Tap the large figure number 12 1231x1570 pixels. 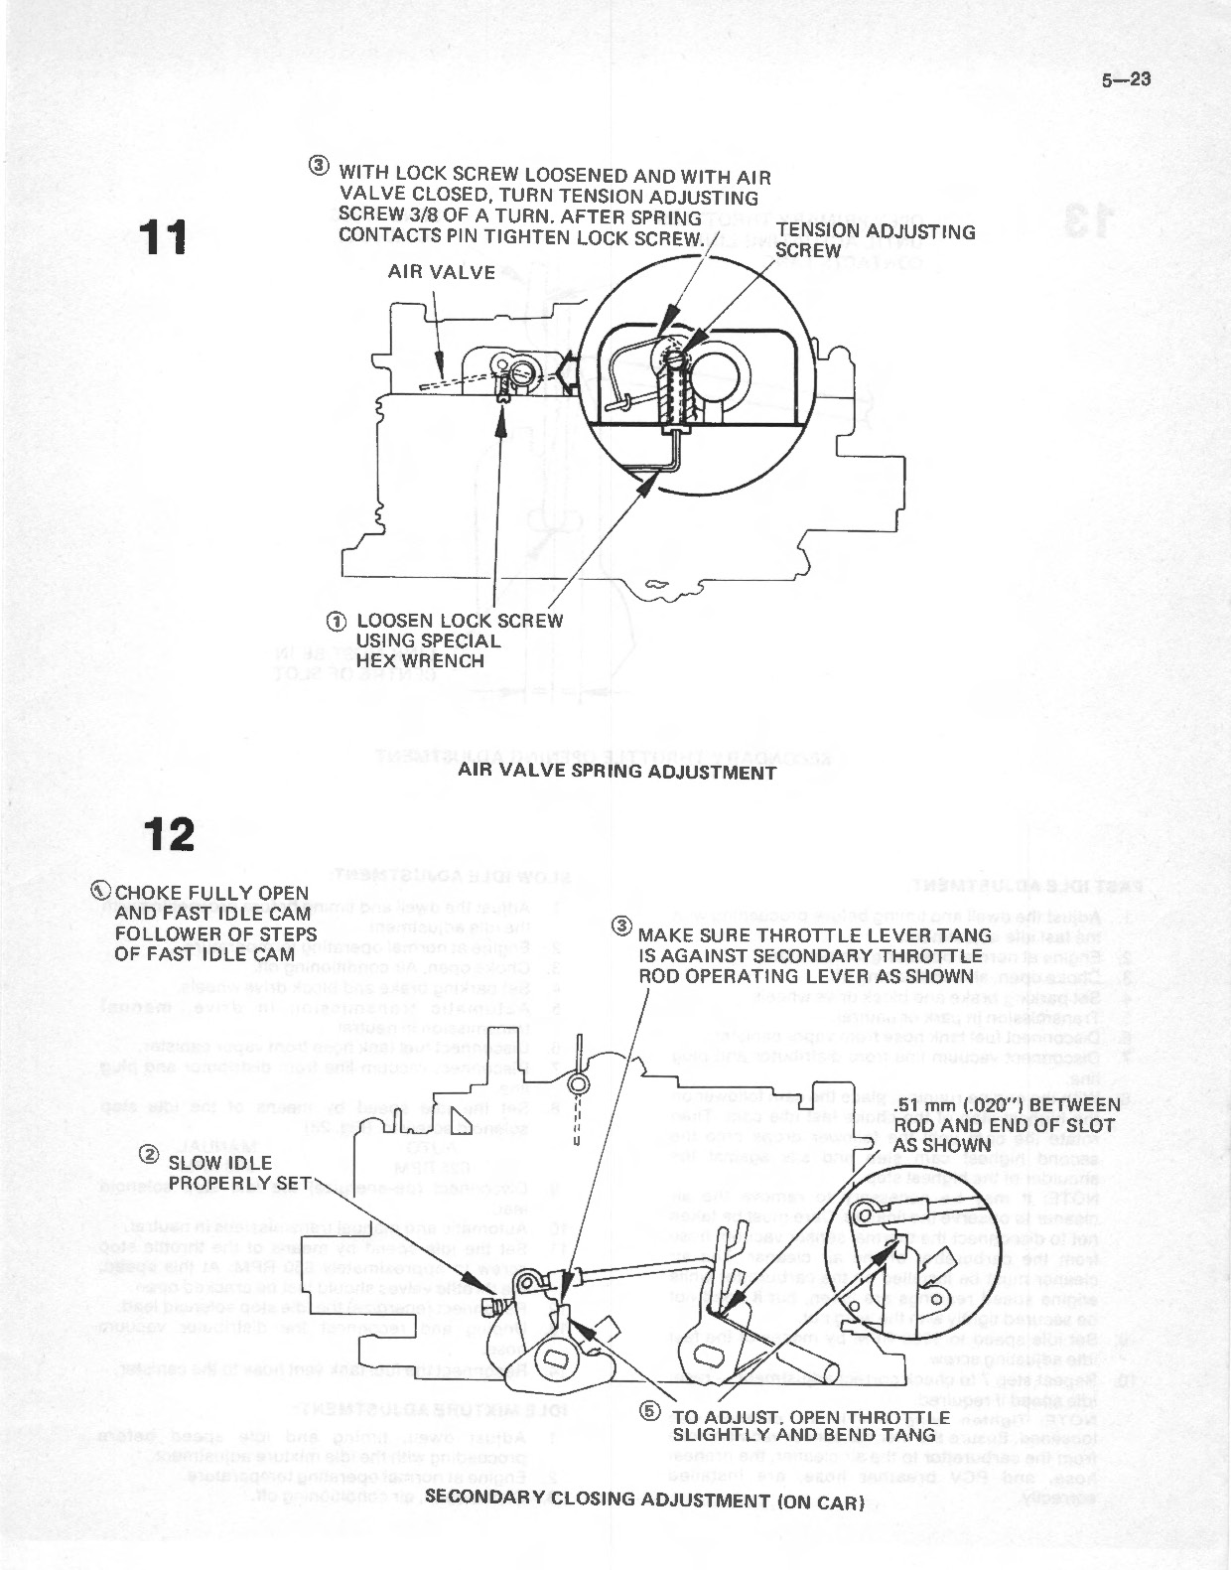[x=168, y=835]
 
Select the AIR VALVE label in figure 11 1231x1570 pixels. [x=441, y=272]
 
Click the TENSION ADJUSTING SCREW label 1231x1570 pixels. [x=875, y=241]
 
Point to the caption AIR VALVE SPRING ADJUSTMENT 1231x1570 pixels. [x=616, y=772]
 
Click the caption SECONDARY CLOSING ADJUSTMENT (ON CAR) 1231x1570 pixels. [x=643, y=1499]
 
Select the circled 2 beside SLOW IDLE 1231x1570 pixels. [x=148, y=1154]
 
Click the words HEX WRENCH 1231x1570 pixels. [x=420, y=661]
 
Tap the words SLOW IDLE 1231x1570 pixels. [x=219, y=1163]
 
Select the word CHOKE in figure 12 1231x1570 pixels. [x=146, y=893]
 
